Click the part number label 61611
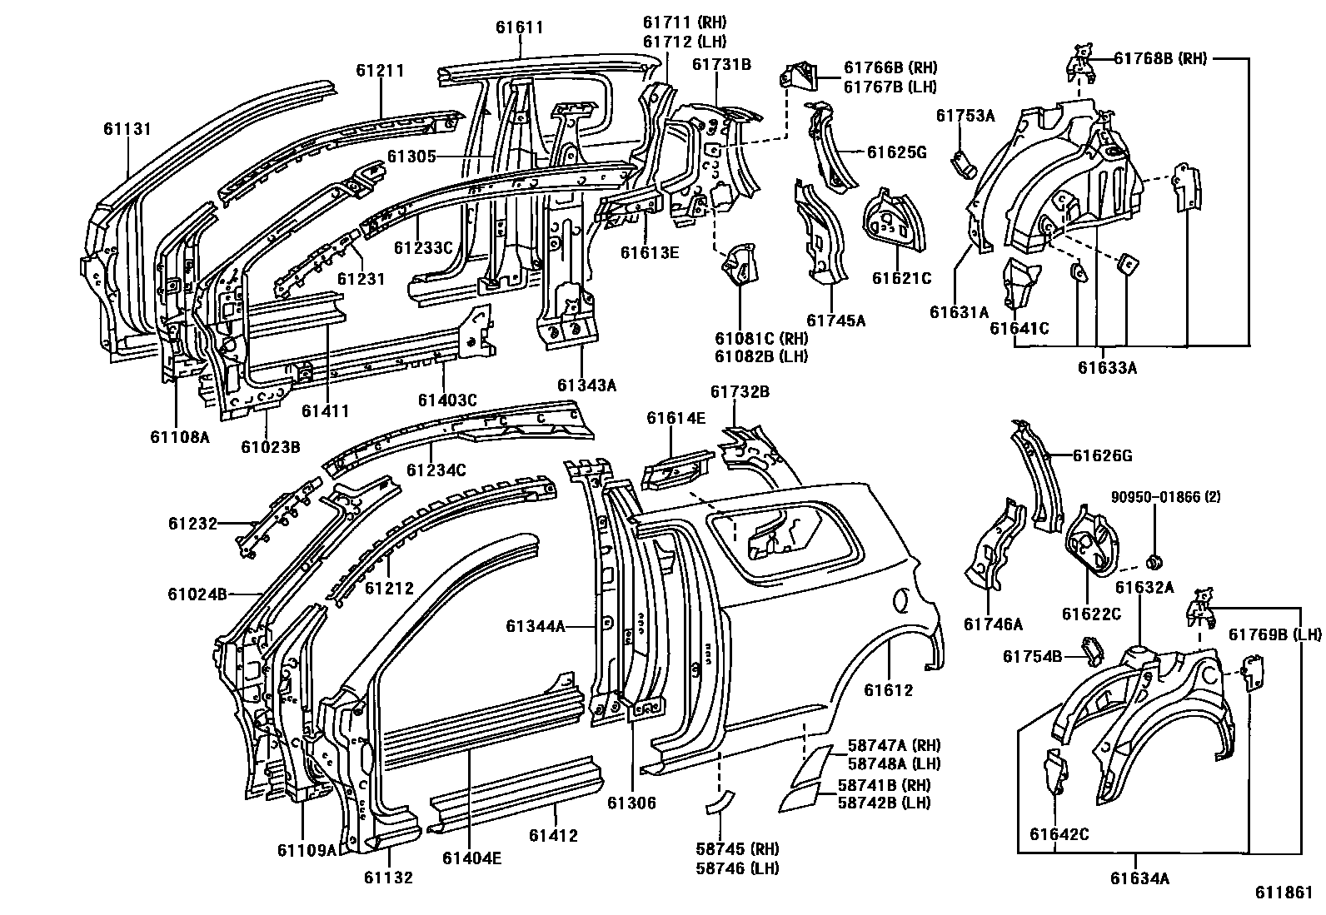(519, 27)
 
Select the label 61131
(127, 128)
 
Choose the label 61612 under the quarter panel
(888, 690)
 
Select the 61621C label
(901, 278)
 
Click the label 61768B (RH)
(1160, 58)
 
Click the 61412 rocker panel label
(553, 836)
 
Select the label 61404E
(471, 858)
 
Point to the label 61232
(192, 524)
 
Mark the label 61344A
(535, 626)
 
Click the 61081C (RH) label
(761, 338)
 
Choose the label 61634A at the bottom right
(1139, 878)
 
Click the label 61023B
(271, 446)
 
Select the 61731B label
(721, 64)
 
